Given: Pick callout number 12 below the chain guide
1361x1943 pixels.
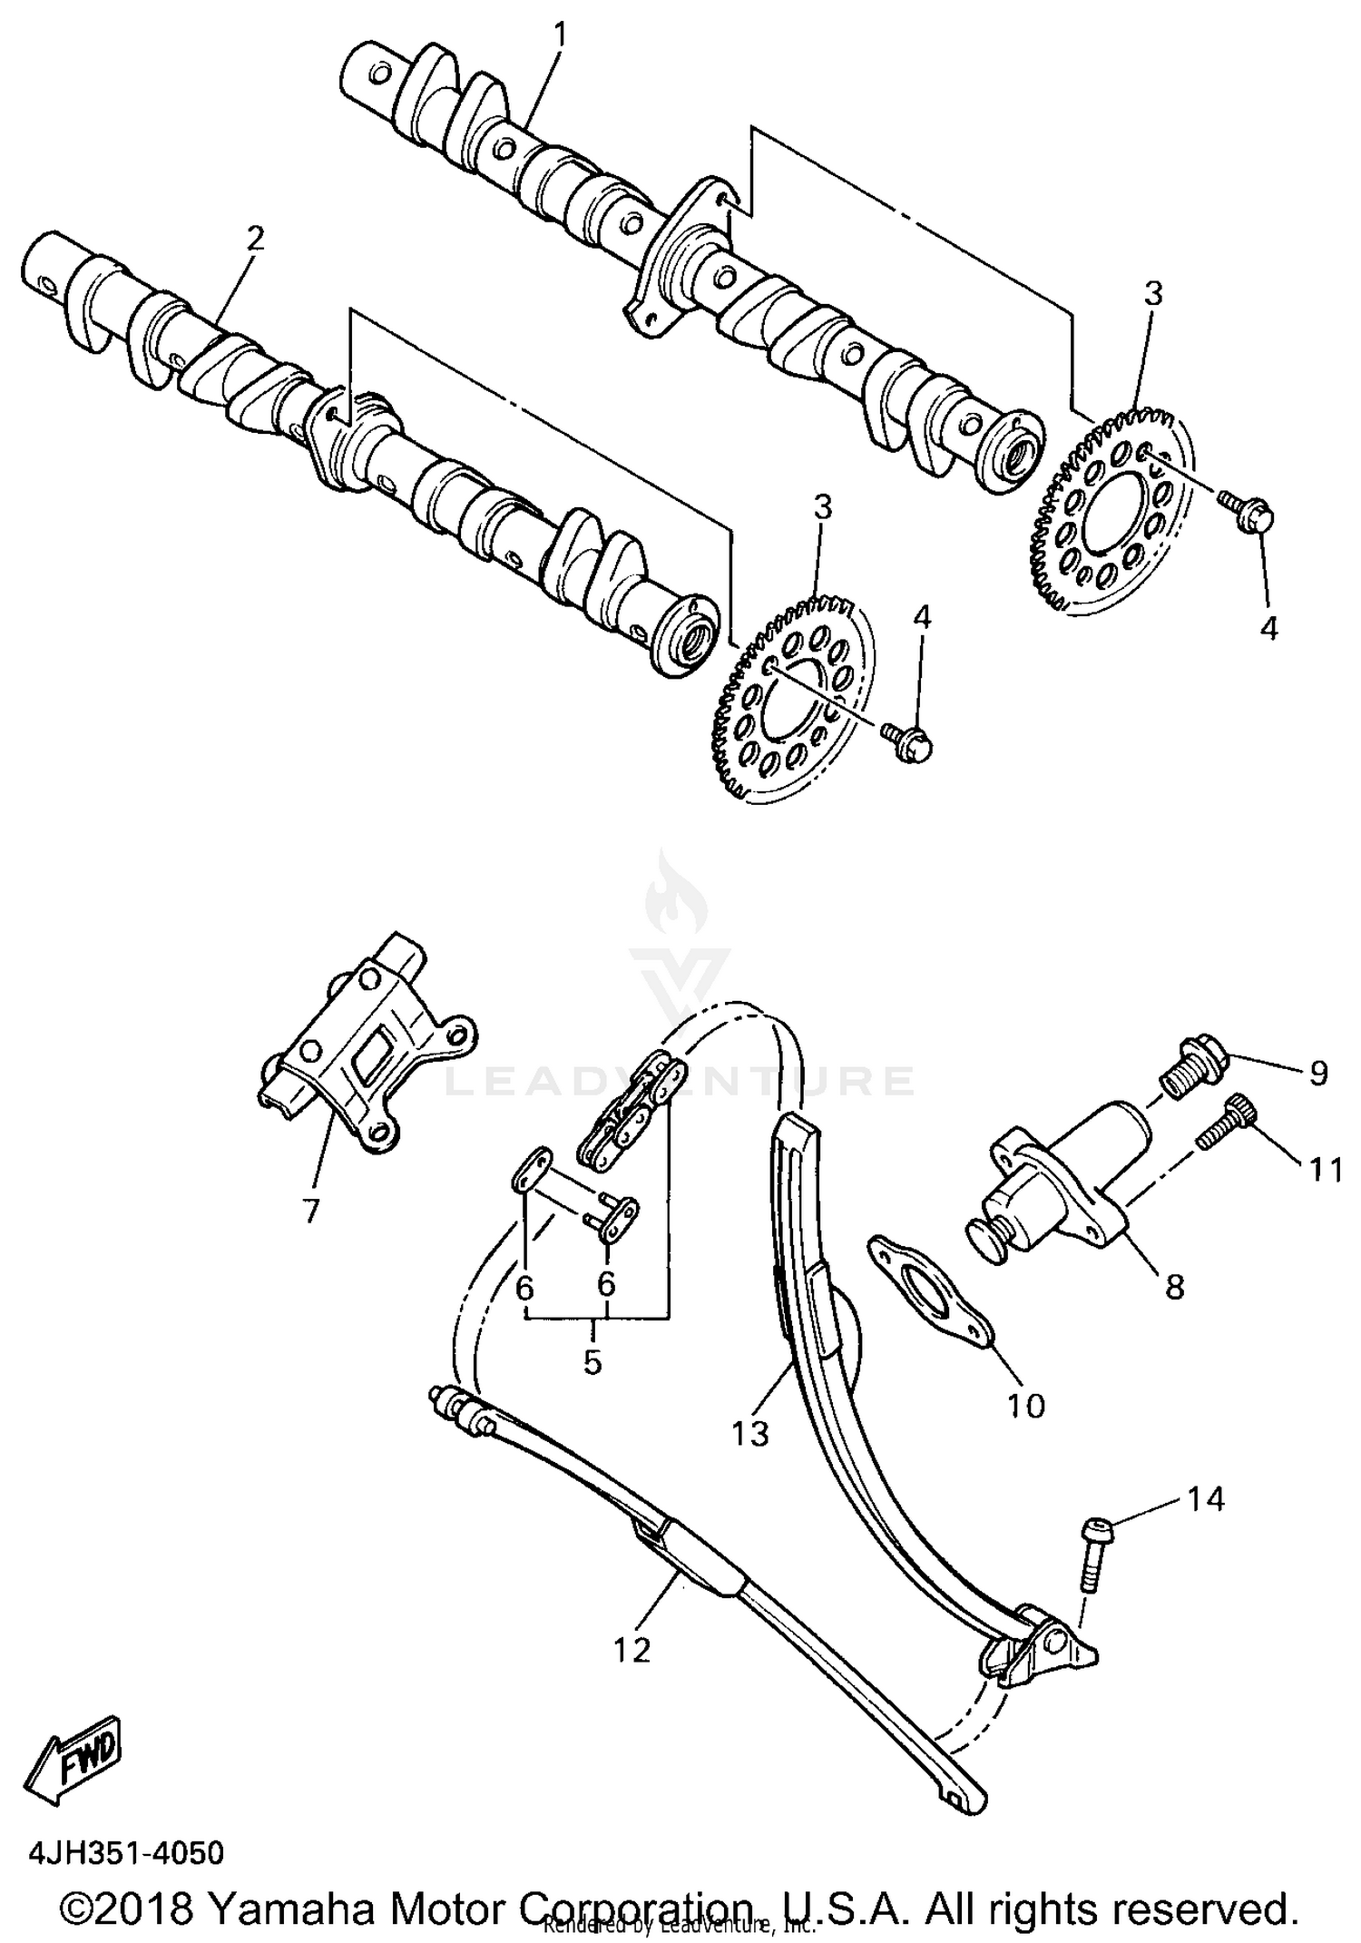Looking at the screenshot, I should (632, 1650).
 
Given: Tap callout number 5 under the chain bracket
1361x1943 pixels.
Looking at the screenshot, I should (592, 1361).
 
